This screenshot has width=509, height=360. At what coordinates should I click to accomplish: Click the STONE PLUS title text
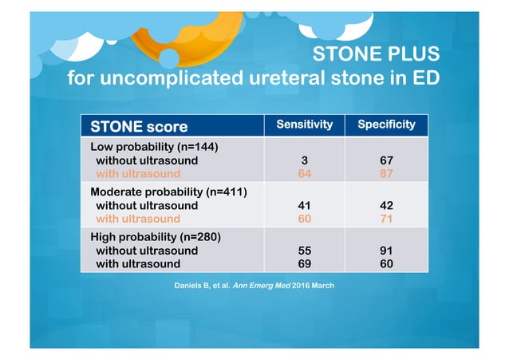(375, 55)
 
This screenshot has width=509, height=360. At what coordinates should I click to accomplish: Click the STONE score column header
(140, 126)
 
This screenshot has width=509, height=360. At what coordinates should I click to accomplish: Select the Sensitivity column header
(304, 125)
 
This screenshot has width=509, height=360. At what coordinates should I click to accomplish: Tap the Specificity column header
(386, 125)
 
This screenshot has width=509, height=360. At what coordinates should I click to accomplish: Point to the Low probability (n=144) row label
(155, 147)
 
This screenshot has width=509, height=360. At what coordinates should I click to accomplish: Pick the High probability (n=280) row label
(156, 237)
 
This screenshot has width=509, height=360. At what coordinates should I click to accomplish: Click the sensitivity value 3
(303, 160)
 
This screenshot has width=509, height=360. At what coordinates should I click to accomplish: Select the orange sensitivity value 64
(303, 172)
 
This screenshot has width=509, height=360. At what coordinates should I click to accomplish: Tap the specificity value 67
(386, 160)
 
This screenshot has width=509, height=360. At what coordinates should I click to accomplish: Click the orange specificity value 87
(386, 172)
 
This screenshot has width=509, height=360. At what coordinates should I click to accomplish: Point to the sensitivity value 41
(303, 205)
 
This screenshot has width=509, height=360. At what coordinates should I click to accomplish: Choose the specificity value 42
(386, 205)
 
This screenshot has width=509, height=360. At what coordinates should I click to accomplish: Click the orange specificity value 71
(386, 218)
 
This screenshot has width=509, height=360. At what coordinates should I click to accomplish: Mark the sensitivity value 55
(303, 250)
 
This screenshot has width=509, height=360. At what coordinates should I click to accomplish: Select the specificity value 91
(386, 250)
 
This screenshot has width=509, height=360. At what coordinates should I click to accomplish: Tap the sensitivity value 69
(303, 263)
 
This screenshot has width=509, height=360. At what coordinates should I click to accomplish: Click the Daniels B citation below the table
(254, 285)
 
